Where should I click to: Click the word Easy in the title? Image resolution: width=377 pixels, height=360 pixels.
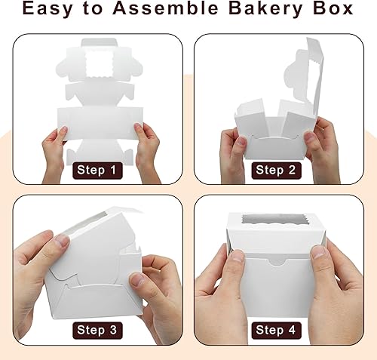pyautogui.click(x=49, y=11)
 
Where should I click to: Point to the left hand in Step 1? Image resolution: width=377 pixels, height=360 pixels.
pyautogui.click(x=54, y=151)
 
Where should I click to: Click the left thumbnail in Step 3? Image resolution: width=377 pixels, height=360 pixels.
pyautogui.click(x=60, y=243)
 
